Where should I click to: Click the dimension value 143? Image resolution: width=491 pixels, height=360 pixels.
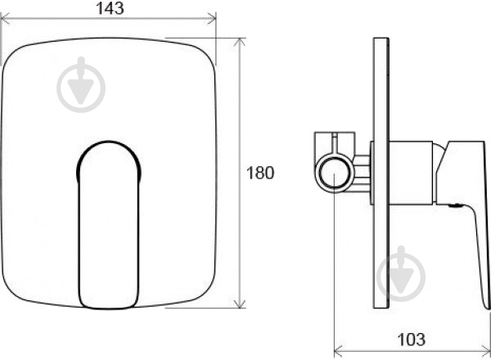tap(110, 8)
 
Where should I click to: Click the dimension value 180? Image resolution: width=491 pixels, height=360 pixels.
tap(260, 173)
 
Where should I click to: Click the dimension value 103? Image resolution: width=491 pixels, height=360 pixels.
tap(411, 340)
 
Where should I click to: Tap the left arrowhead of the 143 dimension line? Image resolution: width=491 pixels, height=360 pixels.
tap(5, 19)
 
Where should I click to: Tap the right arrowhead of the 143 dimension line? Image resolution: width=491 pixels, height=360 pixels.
tap(212, 19)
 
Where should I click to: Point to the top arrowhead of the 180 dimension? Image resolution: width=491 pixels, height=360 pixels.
tap(240, 43)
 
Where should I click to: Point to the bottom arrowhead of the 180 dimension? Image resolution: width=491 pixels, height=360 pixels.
tap(240, 304)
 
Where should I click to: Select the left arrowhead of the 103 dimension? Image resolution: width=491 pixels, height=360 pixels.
tap(339, 349)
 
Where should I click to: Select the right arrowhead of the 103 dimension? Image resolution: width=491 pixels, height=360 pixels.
tap(484, 349)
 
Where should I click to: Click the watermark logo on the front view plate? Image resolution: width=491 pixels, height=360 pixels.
tap(81, 84)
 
